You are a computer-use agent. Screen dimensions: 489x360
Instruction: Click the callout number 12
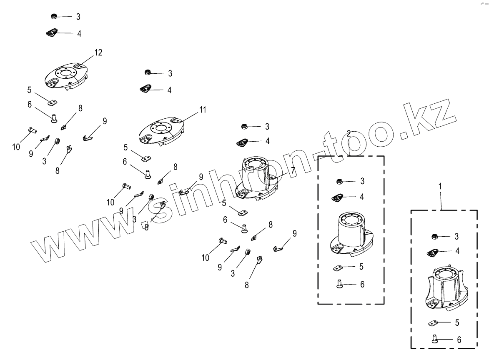click(98, 52)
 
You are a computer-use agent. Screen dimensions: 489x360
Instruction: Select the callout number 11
click(203, 110)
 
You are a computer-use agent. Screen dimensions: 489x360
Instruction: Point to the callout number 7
click(293, 170)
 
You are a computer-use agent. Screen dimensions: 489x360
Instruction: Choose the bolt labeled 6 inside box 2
click(338, 284)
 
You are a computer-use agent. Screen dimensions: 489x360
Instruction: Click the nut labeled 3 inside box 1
click(434, 236)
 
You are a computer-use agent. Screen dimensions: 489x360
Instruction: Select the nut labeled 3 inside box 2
click(339, 181)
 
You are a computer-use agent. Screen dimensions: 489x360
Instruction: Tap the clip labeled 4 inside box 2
click(338, 197)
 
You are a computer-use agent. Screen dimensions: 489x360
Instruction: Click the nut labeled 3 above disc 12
click(53, 16)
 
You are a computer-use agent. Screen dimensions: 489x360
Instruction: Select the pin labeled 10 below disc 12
click(31, 130)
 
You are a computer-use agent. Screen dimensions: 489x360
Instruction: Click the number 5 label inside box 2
click(361, 266)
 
